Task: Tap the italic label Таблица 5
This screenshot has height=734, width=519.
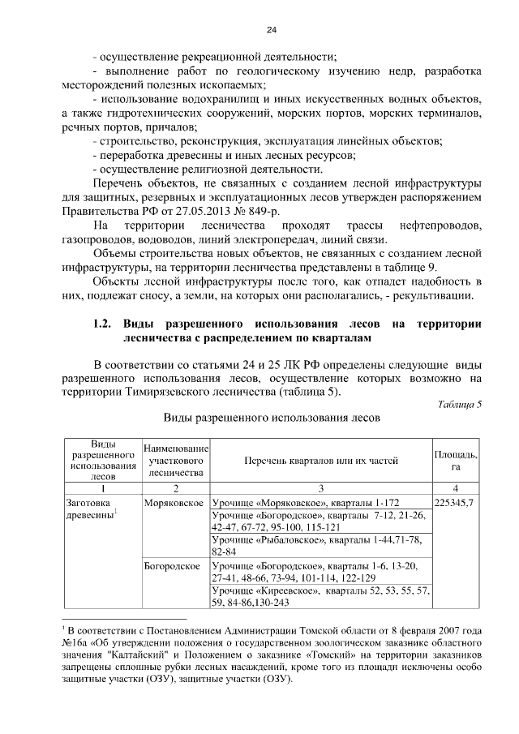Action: [x=459, y=404]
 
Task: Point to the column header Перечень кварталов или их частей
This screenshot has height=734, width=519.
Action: [x=320, y=461]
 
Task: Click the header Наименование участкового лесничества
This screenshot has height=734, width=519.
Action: [x=176, y=461]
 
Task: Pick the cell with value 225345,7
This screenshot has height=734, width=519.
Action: [x=456, y=503]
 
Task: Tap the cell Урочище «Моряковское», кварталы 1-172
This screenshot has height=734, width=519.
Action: [x=315, y=503]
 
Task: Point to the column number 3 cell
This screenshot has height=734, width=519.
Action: [x=320, y=488]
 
